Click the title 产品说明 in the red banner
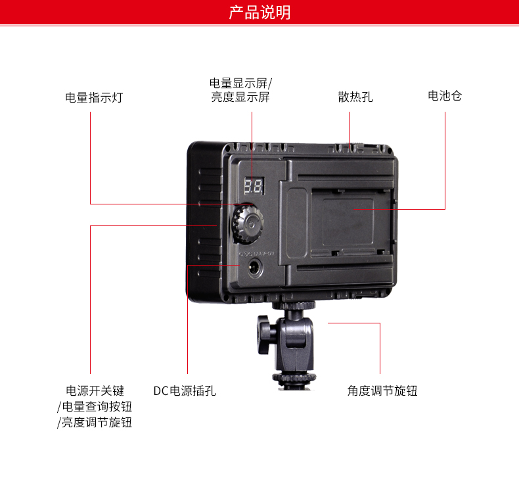(x=259, y=12)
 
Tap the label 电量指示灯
(x=94, y=98)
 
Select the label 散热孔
(x=355, y=97)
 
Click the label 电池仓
(x=445, y=96)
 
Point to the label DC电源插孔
(x=185, y=390)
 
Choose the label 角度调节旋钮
(x=382, y=390)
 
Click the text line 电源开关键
(x=95, y=390)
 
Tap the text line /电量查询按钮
(x=95, y=407)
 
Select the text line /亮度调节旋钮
(x=95, y=423)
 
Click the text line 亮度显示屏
(x=240, y=97)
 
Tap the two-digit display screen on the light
(x=254, y=186)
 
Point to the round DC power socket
(x=254, y=268)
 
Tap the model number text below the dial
(x=257, y=254)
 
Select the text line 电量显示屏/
(x=240, y=83)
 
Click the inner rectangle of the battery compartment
(x=348, y=222)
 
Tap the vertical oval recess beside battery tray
(x=297, y=223)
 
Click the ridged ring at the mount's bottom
(x=294, y=377)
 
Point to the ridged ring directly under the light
(x=294, y=305)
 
